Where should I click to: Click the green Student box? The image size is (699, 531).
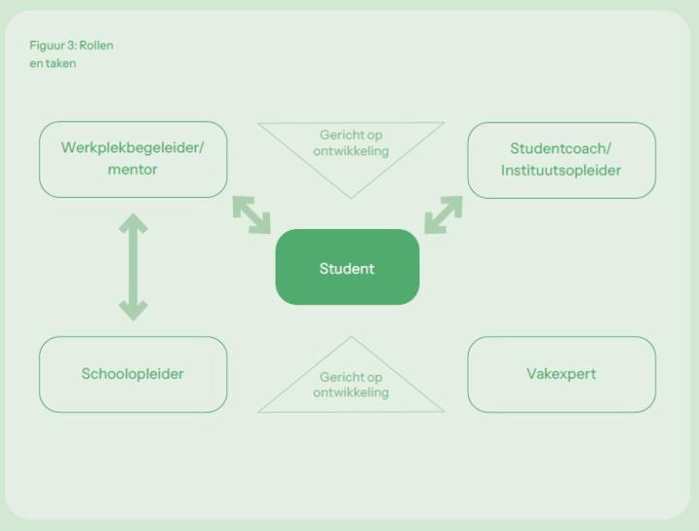tap(347, 268)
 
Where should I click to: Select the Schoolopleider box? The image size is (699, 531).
tap(133, 374)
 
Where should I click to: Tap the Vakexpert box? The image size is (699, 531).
tap(561, 374)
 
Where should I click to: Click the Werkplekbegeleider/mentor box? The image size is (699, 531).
tap(133, 159)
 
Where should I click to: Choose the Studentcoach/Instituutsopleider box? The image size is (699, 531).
tap(561, 159)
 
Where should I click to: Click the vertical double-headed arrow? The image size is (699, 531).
tap(133, 268)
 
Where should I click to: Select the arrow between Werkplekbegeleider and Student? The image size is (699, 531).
tap(251, 215)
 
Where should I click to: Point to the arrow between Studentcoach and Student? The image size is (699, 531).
tap(444, 215)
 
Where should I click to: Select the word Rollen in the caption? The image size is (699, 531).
tap(96, 46)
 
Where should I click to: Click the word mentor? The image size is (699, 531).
tap(133, 170)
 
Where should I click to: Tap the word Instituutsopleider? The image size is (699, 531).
tap(561, 171)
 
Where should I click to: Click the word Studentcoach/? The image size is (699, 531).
tap(561, 149)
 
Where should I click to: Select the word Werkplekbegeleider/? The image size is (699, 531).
tap(133, 148)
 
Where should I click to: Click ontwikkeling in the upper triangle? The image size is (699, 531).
tap(350, 151)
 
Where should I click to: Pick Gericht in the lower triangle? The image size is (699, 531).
tap(337, 378)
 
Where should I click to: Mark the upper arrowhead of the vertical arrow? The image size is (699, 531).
tap(133, 224)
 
